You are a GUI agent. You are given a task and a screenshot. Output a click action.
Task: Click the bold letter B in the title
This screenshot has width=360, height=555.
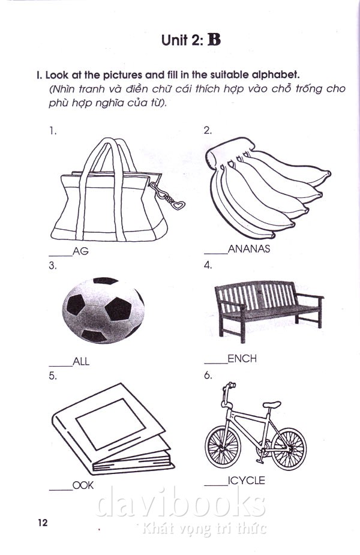point(214,40)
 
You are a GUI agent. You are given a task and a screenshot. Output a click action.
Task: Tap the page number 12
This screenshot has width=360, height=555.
point(43,523)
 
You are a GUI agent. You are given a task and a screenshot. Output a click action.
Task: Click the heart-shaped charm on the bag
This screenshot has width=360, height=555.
point(178,205)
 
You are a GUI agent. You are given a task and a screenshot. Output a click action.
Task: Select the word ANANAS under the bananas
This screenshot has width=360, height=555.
point(249,249)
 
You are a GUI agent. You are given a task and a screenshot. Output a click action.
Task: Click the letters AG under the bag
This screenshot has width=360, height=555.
point(80,251)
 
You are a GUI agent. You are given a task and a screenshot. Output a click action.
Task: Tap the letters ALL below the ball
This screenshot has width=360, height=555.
point(81,361)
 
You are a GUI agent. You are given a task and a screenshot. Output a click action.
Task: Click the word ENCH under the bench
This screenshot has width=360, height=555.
point(242,359)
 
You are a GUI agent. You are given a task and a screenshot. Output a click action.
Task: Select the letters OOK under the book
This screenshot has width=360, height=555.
point(83,485)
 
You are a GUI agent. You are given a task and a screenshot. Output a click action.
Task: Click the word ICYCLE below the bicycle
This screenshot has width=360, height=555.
point(247,481)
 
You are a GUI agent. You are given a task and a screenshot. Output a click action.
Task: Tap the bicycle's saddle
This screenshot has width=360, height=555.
point(272,404)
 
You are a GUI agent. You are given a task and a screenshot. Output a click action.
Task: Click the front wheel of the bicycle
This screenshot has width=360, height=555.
point(223,446)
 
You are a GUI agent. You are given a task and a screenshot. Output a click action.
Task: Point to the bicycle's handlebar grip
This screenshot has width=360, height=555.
point(232,385)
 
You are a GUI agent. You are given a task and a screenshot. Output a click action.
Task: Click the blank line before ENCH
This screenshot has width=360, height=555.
point(215,363)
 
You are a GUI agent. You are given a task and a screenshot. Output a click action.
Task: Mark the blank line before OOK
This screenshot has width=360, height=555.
point(61,490)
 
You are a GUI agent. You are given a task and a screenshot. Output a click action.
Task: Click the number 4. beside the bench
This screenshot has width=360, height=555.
point(208,265)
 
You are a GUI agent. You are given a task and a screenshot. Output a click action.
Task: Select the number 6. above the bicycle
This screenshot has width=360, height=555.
point(208,375)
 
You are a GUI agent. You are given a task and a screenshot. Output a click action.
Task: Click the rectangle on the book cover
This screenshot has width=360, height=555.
point(111,424)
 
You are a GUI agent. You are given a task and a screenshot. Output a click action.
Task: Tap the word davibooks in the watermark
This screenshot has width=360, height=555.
point(181,502)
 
